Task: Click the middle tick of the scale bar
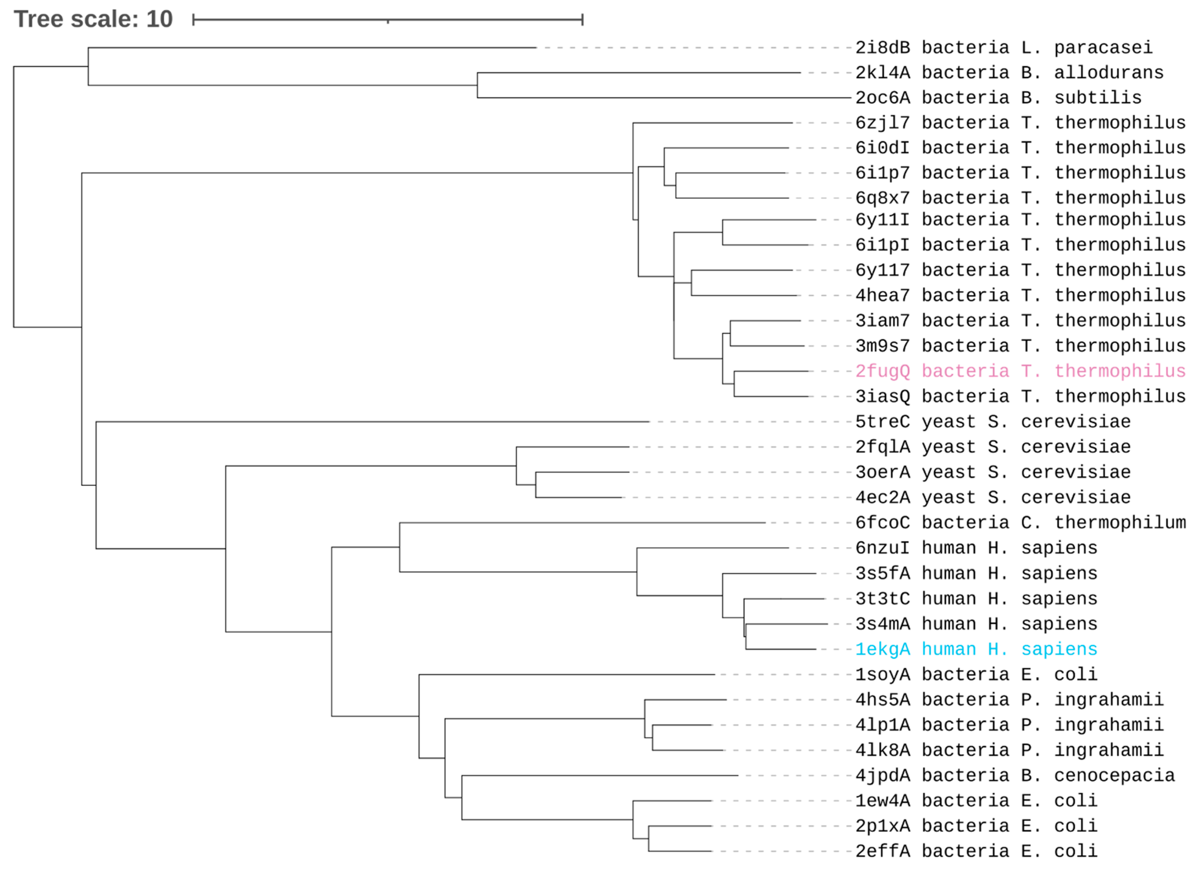[388, 21]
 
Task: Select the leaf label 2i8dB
[883, 48]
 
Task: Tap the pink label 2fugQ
[883, 371]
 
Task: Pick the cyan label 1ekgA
[883, 649]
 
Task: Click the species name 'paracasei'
[1103, 48]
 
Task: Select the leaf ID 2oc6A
[883, 98]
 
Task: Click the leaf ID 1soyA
[883, 675]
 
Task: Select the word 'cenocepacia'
[1114, 776]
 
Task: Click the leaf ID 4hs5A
[883, 700]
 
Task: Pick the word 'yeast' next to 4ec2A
[949, 498]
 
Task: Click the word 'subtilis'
[1098, 98]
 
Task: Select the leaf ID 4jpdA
[883, 776]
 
